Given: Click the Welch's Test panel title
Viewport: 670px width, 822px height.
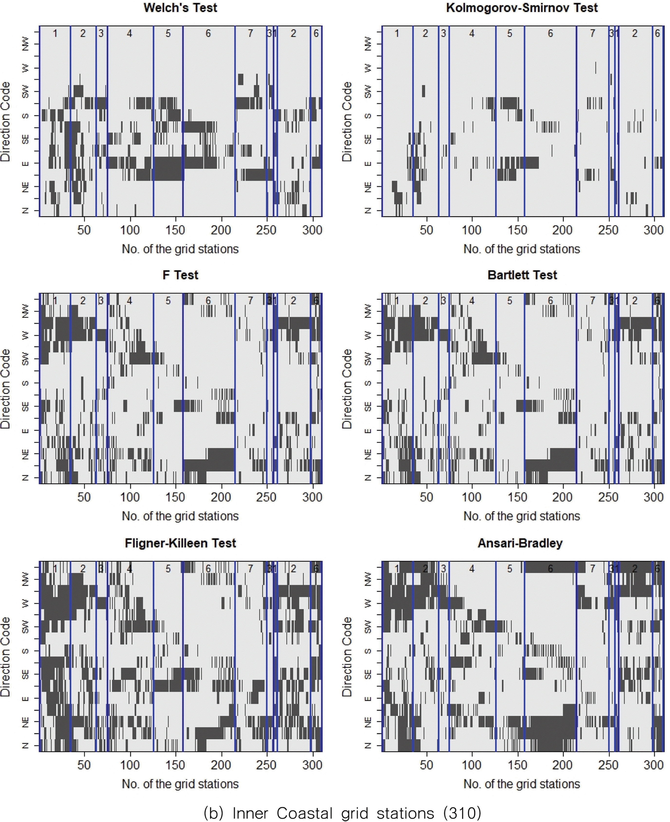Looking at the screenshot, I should coord(180,8).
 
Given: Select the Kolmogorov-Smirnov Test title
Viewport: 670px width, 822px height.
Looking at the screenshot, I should coord(522,8).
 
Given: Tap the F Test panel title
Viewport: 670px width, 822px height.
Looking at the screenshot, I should coord(180,275).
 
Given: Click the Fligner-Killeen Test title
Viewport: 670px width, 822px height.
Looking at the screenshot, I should coord(180,543).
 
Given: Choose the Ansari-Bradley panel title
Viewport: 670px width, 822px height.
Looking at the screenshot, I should coord(520,543).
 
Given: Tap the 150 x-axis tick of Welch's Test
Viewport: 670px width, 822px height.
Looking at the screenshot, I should coord(175,230).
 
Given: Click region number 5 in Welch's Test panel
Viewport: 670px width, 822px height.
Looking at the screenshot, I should coord(168,34).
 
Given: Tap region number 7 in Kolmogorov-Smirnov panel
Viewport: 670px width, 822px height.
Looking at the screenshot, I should coord(592,34).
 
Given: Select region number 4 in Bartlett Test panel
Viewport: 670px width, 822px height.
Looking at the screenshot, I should coord(472,301).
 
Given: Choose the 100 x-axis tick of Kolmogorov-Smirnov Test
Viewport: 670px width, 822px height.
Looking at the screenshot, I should coord(472,230).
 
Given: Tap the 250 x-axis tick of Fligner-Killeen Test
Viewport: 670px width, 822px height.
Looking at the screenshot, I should coord(266,765).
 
